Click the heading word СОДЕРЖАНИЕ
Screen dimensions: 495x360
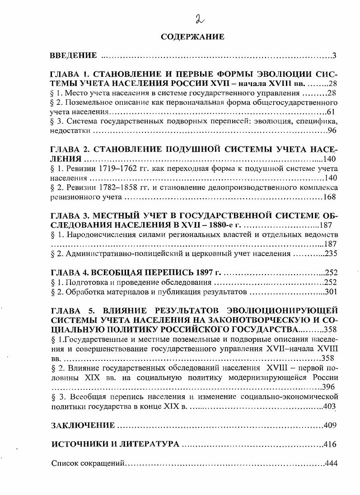[192, 37]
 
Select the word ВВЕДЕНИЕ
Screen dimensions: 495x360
[73, 56]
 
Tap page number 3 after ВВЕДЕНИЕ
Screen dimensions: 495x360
[334, 56]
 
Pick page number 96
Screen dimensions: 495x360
[332, 131]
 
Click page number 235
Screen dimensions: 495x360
[330, 253]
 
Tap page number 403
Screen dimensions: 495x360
[330, 406]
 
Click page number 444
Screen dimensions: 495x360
[331, 463]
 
